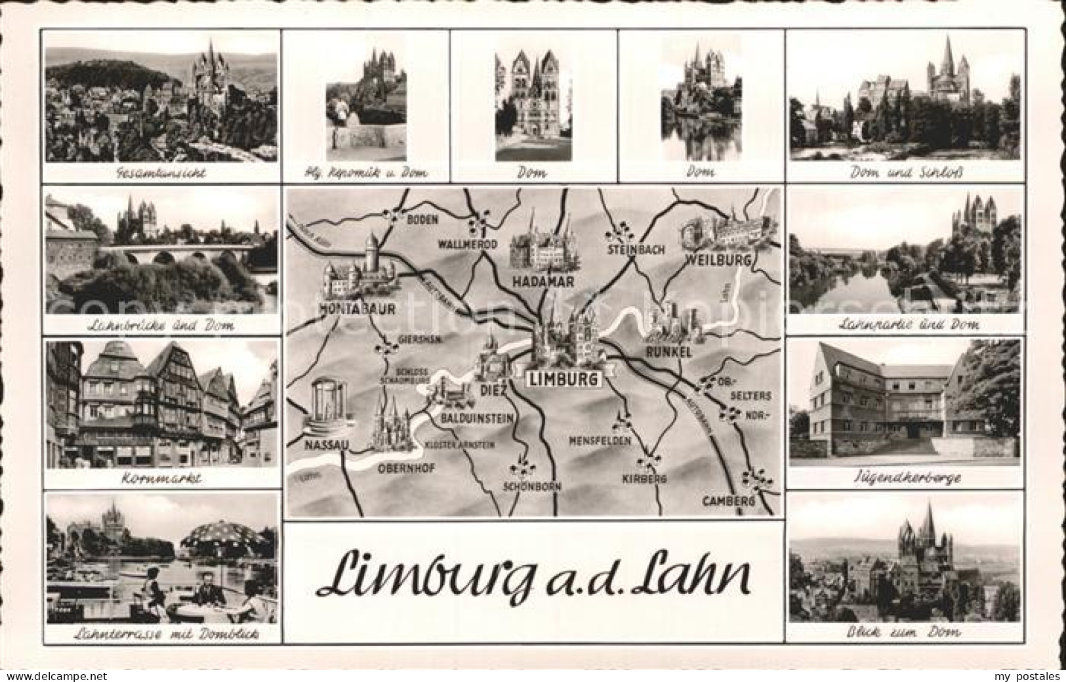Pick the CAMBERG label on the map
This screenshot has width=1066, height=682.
pos(729,501)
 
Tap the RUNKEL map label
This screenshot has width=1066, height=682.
pos(669,352)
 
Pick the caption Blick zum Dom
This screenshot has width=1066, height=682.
pos(906,632)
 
